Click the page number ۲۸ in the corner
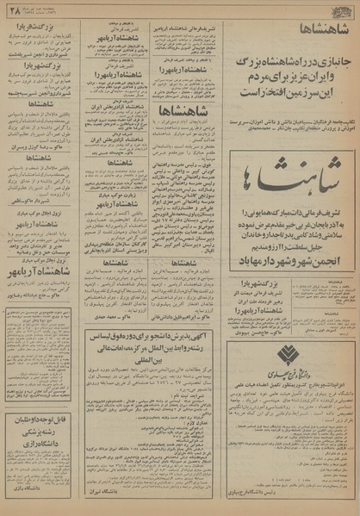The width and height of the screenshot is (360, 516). point(13,8)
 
